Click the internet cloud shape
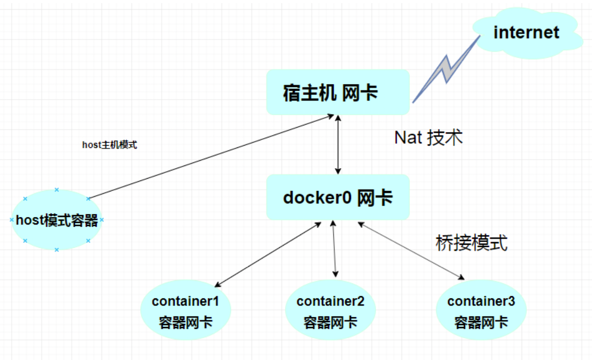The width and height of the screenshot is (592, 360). pos(527,33)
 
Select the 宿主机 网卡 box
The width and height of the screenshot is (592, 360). pos(338,92)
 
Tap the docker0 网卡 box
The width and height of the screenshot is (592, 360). pos(338,197)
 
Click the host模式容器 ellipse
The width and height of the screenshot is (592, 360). pos(57,220)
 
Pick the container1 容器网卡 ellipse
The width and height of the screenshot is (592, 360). pos(186,310)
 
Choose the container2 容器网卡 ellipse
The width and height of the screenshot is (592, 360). pos(330,310)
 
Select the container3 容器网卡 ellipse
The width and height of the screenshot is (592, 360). pos(481,310)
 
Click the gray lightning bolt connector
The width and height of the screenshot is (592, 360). pos(447,69)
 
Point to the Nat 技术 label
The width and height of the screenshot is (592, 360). pos(428,138)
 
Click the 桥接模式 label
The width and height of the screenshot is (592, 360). pos(471,243)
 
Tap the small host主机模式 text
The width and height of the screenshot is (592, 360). pos(110,145)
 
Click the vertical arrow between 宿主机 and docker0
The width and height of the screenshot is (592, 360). pos(338,145)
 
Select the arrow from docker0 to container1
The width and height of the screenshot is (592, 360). pos(268,254)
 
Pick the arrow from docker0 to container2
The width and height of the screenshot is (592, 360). pos(334,249)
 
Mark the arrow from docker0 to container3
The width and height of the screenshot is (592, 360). pos(411,251)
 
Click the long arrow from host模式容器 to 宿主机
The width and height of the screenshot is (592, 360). pos(212,157)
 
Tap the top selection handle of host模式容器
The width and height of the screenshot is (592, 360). pos(57,190)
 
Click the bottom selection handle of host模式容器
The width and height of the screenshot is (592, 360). pos(57,250)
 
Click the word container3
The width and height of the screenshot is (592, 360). pos(481,301)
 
